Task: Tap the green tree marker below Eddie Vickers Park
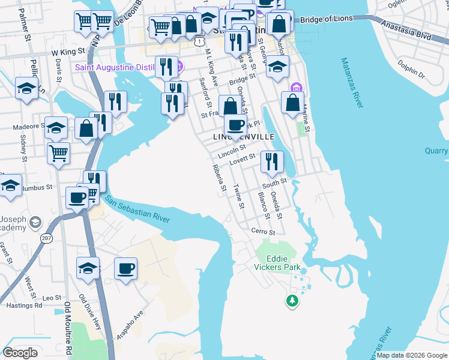point(292,300)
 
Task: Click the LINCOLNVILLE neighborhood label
point(244,137)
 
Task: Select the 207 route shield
point(47,238)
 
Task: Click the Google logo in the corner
point(20,353)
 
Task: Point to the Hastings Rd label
point(25,305)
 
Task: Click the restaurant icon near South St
point(272,161)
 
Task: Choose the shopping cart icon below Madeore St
point(58,153)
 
